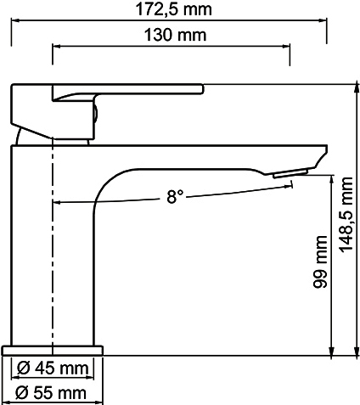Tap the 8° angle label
click(x=175, y=197)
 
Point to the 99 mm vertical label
click(x=321, y=269)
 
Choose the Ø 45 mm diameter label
click(x=53, y=368)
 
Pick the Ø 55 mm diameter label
click(x=53, y=392)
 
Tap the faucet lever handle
click(x=127, y=88)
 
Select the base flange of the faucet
click(x=53, y=349)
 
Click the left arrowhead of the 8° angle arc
click(x=59, y=203)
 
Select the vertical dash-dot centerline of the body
click(x=53, y=255)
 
